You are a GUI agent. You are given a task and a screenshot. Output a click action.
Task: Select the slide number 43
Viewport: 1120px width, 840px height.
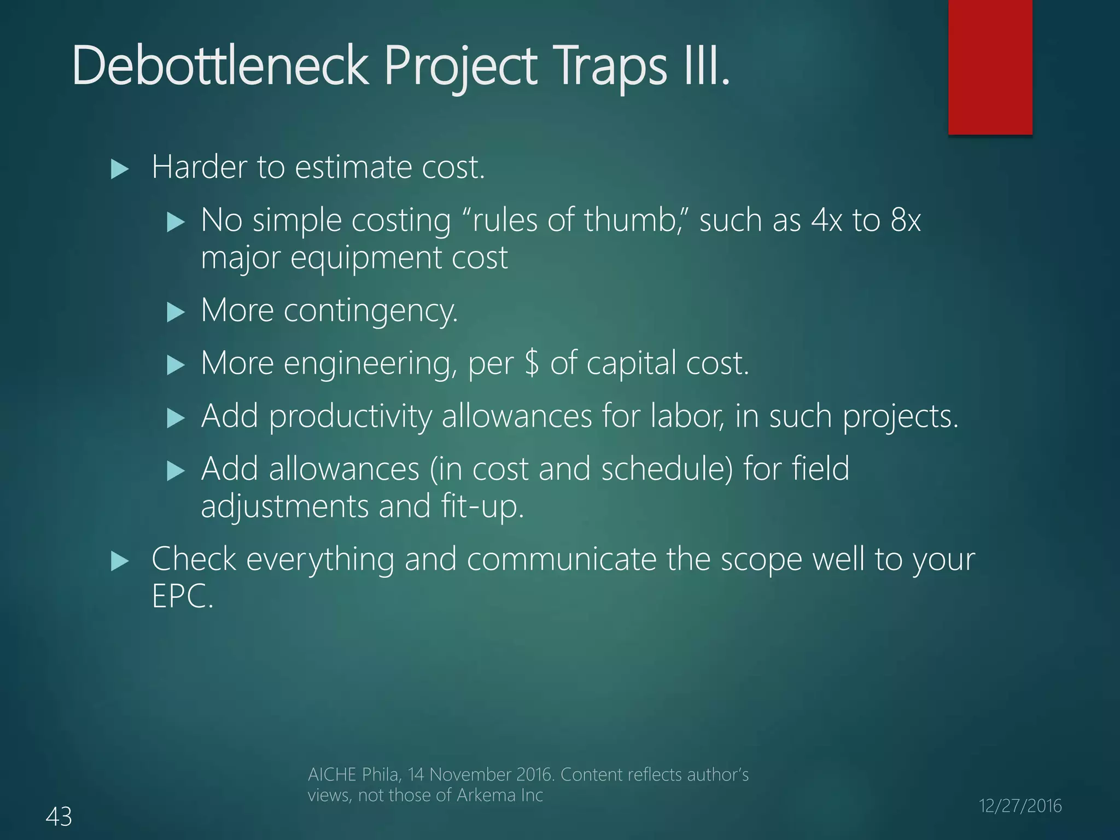point(59,816)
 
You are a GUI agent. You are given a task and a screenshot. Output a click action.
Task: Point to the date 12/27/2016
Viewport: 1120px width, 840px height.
point(1020,806)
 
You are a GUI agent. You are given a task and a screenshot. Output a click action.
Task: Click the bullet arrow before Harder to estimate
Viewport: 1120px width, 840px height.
point(119,169)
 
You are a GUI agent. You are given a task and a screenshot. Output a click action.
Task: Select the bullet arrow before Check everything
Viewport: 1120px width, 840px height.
point(119,561)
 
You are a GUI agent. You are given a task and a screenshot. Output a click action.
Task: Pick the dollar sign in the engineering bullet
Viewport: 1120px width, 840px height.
point(532,363)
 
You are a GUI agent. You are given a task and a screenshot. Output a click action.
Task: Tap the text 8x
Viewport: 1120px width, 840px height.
point(905,220)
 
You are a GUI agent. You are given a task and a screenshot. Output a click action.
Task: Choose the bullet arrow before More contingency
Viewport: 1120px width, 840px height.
point(176,313)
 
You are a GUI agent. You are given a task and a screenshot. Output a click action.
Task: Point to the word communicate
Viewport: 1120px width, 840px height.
point(561,559)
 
